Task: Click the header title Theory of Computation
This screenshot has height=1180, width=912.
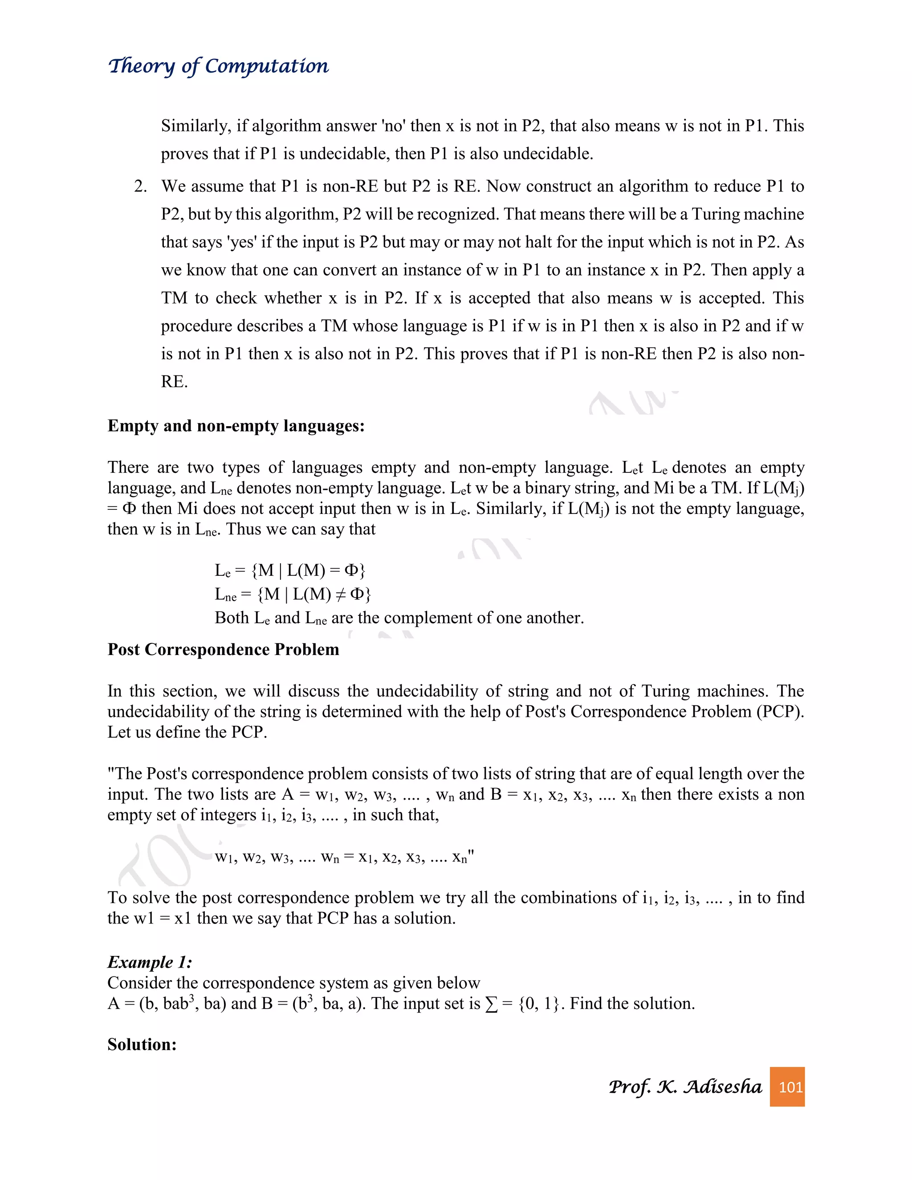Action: [x=218, y=66]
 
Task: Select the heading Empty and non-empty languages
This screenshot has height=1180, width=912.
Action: [x=236, y=426]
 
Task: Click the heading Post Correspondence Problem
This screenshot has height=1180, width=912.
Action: [x=223, y=649]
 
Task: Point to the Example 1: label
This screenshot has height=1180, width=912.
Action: [x=150, y=962]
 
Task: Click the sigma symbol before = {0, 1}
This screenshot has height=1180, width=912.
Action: [x=491, y=1004]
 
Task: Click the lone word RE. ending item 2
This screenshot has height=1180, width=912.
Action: [x=174, y=382]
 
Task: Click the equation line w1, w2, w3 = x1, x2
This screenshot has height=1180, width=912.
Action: [x=344, y=857]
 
